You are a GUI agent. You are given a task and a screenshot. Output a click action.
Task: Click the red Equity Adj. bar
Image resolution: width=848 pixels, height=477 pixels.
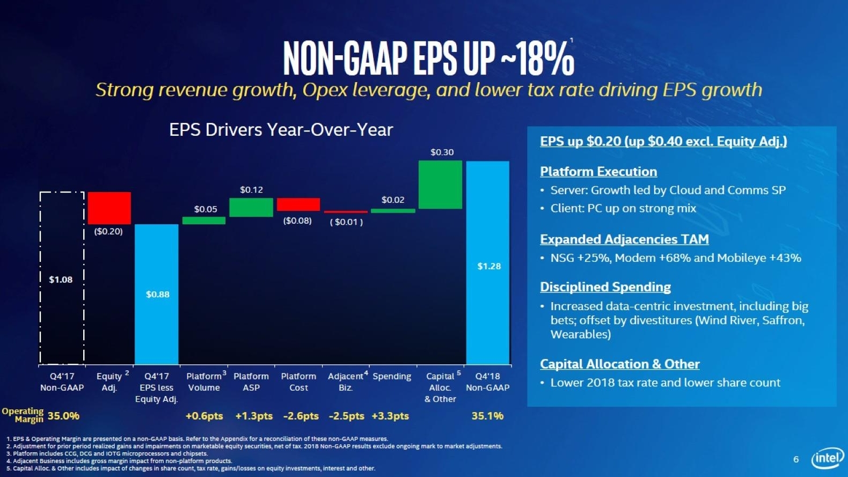[109, 208]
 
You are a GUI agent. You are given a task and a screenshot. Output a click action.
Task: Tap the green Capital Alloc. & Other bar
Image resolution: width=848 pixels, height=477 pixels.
[440, 185]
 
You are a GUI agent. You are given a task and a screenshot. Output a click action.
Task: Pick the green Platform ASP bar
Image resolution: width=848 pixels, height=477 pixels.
[251, 207]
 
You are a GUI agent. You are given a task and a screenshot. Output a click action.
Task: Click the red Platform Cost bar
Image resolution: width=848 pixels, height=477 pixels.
[298, 204]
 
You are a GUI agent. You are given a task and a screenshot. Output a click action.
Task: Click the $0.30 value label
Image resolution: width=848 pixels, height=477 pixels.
[442, 152]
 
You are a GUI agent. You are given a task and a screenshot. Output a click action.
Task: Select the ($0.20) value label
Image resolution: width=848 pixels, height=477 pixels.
[108, 231]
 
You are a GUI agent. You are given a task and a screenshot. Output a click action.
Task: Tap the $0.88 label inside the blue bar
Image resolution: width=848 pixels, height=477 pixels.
[158, 294]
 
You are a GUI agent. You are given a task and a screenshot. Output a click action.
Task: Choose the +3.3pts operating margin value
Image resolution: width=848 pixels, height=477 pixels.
[390, 416]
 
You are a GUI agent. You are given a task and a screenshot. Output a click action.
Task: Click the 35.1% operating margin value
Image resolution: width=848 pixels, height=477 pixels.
[487, 416]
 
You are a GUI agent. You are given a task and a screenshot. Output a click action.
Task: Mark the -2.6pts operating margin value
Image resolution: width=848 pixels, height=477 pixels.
[301, 416]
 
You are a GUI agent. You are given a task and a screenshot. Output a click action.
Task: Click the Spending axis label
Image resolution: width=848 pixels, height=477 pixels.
[392, 376]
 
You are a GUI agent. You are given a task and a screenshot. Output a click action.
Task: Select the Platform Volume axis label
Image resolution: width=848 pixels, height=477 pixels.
[204, 382]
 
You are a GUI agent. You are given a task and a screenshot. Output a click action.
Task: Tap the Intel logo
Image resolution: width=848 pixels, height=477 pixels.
[828, 458]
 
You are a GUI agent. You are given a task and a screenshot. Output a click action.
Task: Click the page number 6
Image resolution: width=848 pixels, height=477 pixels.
[796, 459]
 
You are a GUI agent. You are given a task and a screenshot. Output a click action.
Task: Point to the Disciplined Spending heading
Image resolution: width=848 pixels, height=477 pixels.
[605, 287]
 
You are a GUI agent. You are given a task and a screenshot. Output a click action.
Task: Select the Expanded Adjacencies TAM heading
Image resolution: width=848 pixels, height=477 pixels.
[624, 239]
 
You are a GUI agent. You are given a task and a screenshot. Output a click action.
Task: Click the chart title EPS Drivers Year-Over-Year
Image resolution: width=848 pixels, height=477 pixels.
[281, 130]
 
